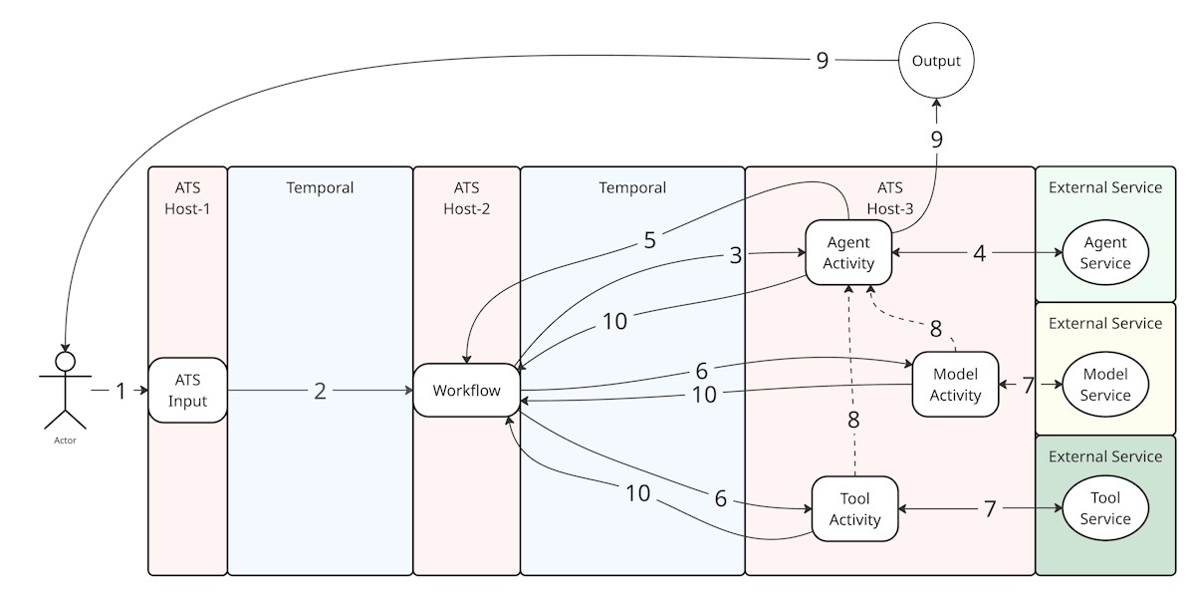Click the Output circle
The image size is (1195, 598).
click(x=936, y=61)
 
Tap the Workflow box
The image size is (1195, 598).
click(x=467, y=391)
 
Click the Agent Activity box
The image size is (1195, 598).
click(x=847, y=253)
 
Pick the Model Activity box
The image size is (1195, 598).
click(x=955, y=385)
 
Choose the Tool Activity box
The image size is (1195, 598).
click(x=854, y=509)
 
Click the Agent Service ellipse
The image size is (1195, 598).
click(x=1105, y=253)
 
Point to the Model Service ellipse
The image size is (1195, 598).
click(x=1105, y=385)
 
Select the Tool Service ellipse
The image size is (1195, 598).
click(x=1105, y=509)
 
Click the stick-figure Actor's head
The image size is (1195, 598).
click(x=66, y=361)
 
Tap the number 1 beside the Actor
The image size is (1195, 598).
click(x=120, y=392)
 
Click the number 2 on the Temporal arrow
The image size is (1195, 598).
click(x=320, y=392)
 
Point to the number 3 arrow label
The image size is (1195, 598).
click(x=736, y=255)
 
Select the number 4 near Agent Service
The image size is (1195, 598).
click(x=980, y=253)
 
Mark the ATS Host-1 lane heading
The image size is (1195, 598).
click(x=188, y=197)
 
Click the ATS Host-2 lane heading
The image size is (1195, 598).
click(x=467, y=197)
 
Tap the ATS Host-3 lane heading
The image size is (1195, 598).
click(x=889, y=197)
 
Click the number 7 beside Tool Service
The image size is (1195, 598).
click(x=990, y=509)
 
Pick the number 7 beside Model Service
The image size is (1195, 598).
click(x=1029, y=385)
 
